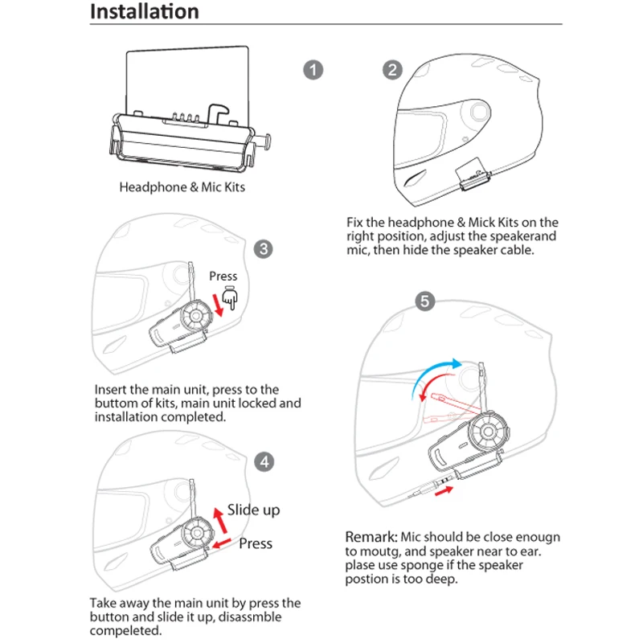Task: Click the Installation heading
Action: (145, 12)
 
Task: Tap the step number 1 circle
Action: (313, 70)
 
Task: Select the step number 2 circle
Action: (393, 70)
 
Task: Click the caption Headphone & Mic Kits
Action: (182, 187)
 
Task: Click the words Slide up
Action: (253, 510)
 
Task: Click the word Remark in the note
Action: (370, 536)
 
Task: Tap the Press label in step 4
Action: (256, 543)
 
